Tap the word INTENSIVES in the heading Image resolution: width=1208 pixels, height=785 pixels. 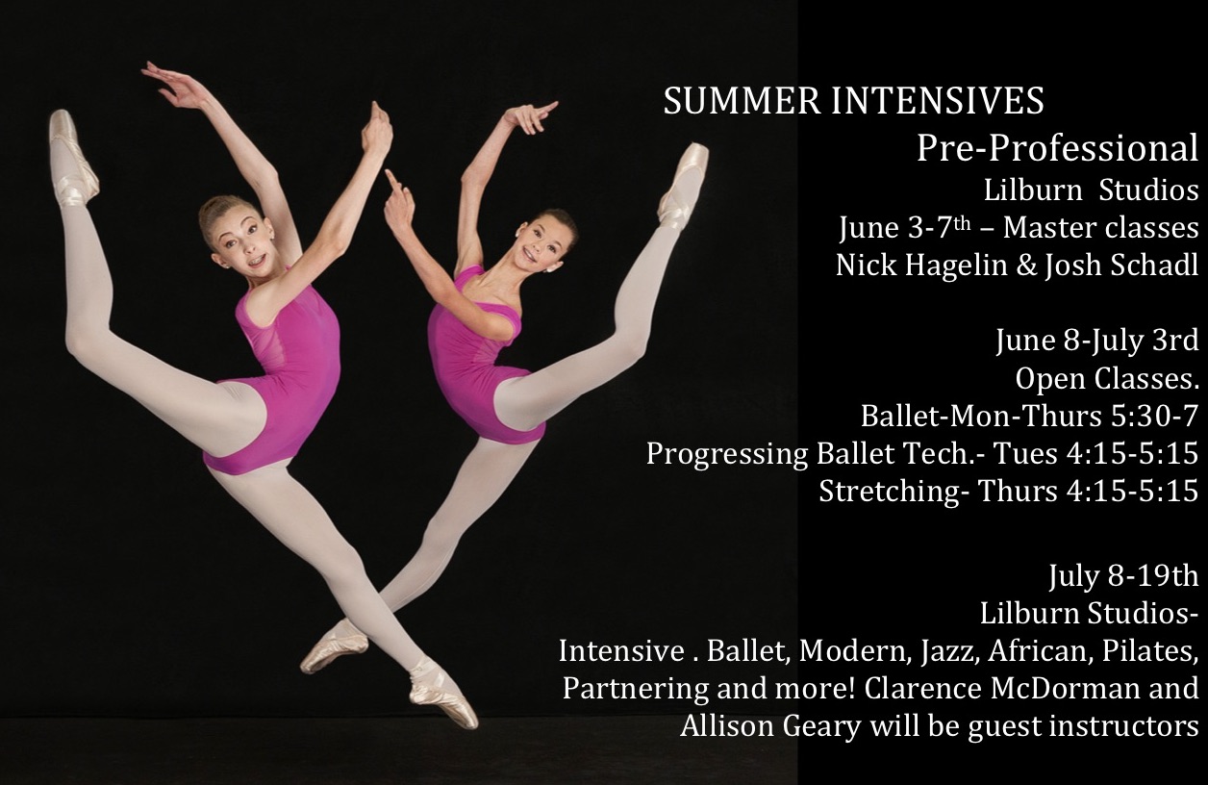pyautogui.click(x=938, y=101)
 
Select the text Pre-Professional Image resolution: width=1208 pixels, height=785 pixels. pyautogui.click(x=1058, y=149)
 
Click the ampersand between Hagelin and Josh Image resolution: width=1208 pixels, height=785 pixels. pyautogui.click(x=1026, y=266)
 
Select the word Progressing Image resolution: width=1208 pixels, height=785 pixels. pyautogui.click(x=727, y=454)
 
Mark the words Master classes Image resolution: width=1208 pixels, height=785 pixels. pyautogui.click(x=1100, y=228)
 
